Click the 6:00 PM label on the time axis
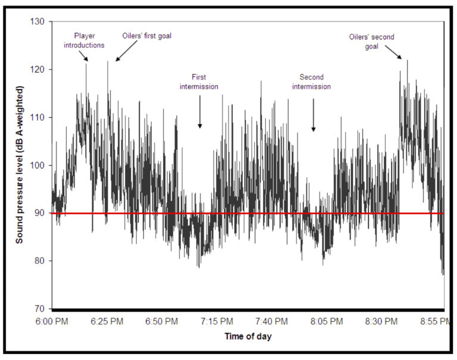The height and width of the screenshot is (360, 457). click(x=52, y=322)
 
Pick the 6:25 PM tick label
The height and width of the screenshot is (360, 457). click(x=108, y=322)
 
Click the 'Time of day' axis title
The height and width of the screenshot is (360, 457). click(x=249, y=337)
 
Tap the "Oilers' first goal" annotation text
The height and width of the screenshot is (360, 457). click(x=146, y=36)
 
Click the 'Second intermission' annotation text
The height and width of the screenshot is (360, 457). click(x=315, y=82)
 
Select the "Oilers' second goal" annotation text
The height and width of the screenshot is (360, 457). click(x=371, y=41)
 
